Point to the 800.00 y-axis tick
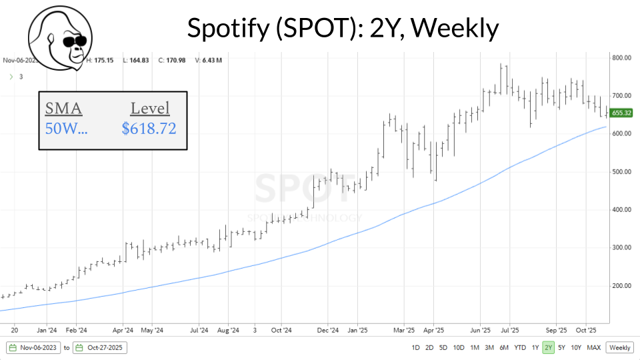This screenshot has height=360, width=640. click(x=621, y=58)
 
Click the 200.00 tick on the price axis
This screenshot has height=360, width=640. click(x=621, y=286)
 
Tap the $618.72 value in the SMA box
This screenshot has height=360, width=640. click(x=149, y=128)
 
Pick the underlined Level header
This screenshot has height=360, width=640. click(x=149, y=109)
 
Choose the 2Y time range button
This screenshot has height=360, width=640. click(x=548, y=347)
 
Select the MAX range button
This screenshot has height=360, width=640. click(x=594, y=347)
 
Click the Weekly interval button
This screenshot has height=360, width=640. click(x=620, y=347)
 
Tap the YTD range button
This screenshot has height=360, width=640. click(x=520, y=347)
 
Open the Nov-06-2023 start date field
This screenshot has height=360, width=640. click(x=33, y=347)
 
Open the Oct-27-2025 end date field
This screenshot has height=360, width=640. click(x=100, y=347)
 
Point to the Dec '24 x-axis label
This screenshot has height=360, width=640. click(x=328, y=329)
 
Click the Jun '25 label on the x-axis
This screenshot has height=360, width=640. click(x=481, y=329)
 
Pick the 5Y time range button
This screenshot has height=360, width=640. click(x=562, y=347)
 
